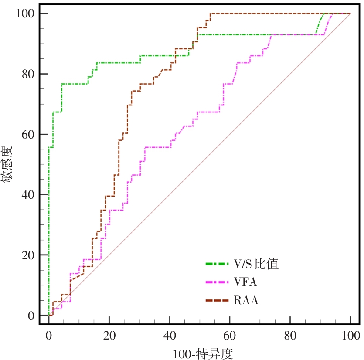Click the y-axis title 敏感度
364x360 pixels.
10,165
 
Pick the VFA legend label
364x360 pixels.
245,282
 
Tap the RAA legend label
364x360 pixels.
246,300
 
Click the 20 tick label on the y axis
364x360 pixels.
27,255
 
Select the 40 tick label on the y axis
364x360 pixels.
27,194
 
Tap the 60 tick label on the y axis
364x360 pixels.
27,134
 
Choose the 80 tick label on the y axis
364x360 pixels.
27,74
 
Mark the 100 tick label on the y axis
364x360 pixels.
25,14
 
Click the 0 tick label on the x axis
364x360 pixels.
49,335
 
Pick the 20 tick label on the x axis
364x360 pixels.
109,335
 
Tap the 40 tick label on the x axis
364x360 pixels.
170,335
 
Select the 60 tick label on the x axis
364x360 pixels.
230,335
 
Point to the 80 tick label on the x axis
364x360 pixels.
290,335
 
